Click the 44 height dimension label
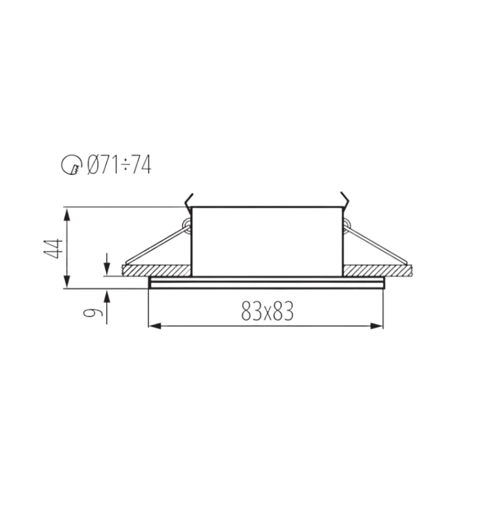pos(53,248)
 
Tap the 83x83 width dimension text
pos(267,311)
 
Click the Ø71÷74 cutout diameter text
pos(119,165)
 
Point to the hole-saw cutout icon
pos(72,165)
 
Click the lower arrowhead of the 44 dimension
pos(67,282)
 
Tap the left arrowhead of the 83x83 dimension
pos(155,326)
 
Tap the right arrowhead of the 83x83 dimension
pos(377,326)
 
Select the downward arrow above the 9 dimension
pos(107,264)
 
